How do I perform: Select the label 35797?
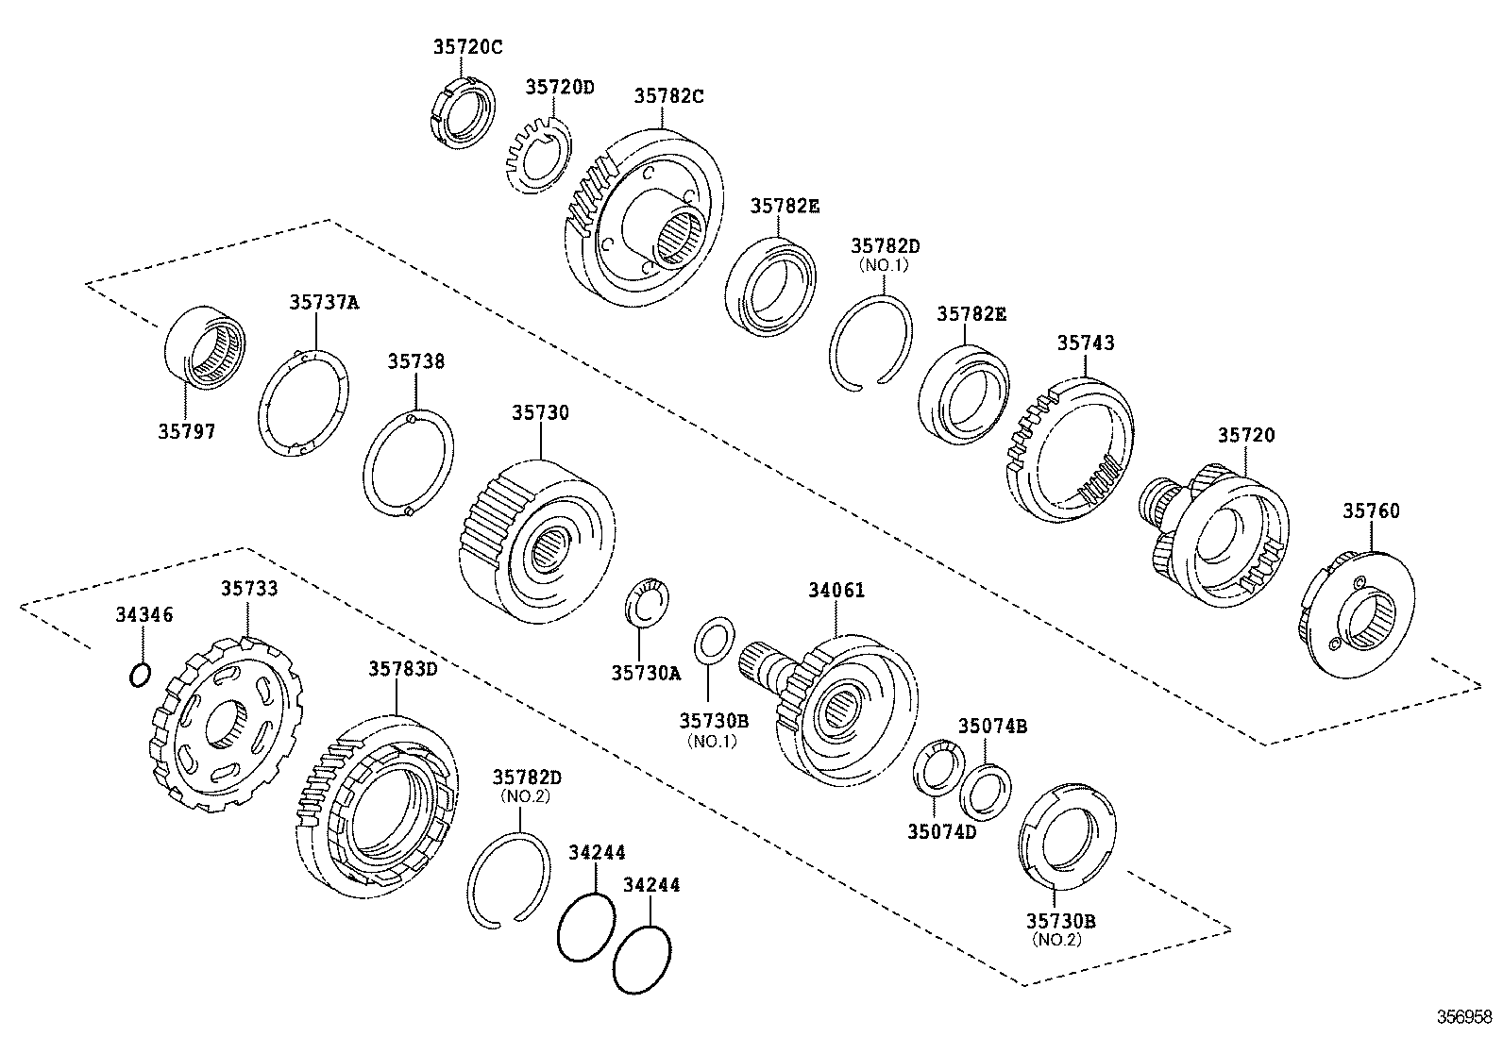coord(187,432)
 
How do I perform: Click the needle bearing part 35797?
coord(206,346)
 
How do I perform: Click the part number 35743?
coord(1085,343)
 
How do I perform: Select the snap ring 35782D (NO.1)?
coord(871,341)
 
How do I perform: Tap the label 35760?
coord(1371,511)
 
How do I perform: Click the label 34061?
coord(836,591)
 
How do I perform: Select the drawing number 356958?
coord(1464,1017)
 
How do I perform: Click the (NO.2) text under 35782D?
coord(525,795)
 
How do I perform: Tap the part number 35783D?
coord(403,669)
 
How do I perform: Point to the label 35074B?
coord(992,727)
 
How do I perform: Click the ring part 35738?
coord(408,462)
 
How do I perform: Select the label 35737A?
coord(324,302)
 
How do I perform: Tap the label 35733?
coord(249,589)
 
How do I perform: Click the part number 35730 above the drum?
coord(540,413)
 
